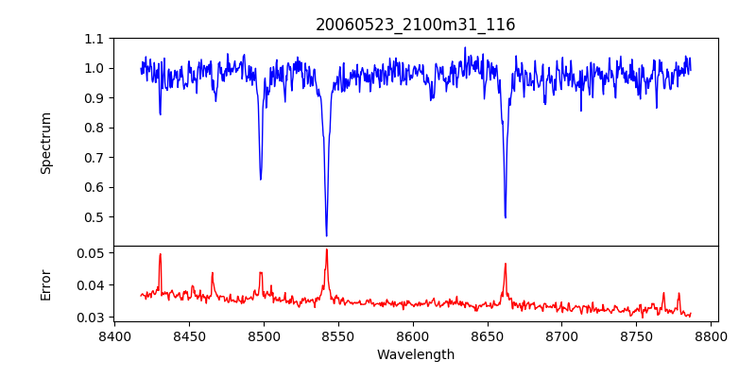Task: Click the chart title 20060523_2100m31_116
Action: click(415, 25)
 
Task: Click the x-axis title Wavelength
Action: click(415, 354)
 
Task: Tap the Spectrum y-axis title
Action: click(45, 143)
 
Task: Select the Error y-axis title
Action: click(45, 283)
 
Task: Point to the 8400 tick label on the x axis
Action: click(114, 335)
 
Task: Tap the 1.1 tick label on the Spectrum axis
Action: click(94, 39)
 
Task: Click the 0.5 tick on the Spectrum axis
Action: click(94, 216)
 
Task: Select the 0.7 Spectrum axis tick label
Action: click(94, 157)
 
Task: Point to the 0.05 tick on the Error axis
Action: click(90, 253)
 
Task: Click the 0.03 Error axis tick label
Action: click(90, 317)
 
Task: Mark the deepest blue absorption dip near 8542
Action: click(326, 235)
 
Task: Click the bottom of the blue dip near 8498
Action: click(261, 179)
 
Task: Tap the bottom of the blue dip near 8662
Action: click(506, 217)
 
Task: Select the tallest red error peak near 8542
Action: click(327, 249)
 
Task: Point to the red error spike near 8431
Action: click(161, 254)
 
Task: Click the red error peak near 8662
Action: click(506, 264)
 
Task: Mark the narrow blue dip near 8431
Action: click(160, 114)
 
